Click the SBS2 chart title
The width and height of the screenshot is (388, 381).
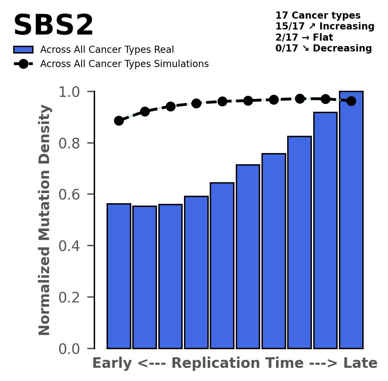[53, 26]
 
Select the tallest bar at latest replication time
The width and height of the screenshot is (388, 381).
[351, 220]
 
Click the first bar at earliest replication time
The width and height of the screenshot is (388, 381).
[119, 276]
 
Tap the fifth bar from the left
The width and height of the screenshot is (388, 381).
[222, 266]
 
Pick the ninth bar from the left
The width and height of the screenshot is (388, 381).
[325, 230]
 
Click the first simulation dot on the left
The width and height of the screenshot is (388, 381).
[119, 121]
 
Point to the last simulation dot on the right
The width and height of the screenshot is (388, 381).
[351, 101]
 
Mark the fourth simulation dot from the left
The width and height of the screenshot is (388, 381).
[196, 103]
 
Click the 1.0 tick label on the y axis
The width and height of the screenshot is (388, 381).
[69, 92]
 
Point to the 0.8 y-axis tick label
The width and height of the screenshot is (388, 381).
[69, 143]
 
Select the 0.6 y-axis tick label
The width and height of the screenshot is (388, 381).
[69, 195]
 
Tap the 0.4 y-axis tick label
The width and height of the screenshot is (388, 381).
[69, 246]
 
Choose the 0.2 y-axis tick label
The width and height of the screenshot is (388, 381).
[69, 298]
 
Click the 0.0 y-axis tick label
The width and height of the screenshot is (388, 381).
[69, 349]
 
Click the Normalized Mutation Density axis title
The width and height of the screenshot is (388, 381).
[45, 220]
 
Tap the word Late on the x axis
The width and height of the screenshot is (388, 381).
[360, 363]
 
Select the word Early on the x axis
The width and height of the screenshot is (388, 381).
[112, 363]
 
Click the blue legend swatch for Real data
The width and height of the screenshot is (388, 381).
[23, 50]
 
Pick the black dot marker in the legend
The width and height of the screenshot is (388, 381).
[23, 64]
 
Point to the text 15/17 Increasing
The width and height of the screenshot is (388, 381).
[325, 26]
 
